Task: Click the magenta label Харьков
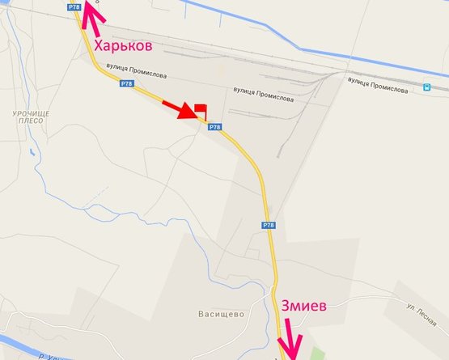click(123, 46)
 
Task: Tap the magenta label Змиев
click(305, 307)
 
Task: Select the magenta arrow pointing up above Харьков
click(95, 18)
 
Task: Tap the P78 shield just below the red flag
click(214, 127)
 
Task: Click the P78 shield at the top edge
click(74, 6)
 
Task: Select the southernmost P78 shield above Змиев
click(269, 225)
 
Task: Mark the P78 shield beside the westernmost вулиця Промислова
click(126, 83)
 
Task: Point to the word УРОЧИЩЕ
click(32, 115)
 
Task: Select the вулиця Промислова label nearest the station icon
click(377, 85)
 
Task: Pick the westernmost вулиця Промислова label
click(139, 74)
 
